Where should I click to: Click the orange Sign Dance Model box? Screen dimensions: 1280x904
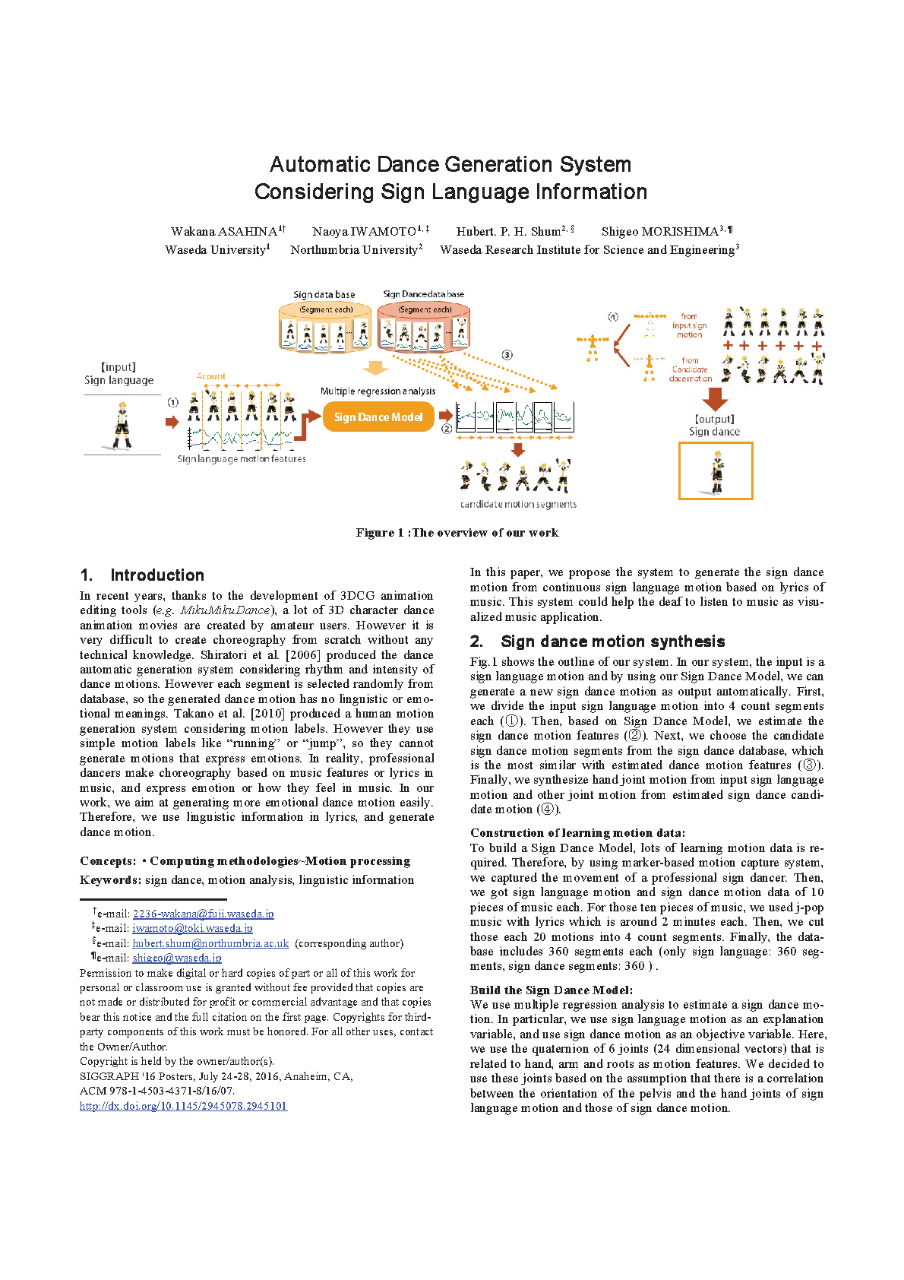point(378,417)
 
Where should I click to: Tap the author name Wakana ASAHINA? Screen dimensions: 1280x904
point(223,231)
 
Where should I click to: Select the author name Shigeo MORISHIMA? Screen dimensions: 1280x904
point(659,231)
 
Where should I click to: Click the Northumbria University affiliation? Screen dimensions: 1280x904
point(354,249)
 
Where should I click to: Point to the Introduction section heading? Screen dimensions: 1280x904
point(156,575)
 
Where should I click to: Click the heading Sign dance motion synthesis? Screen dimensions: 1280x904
point(612,642)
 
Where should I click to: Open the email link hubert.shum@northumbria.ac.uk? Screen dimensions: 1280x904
point(210,943)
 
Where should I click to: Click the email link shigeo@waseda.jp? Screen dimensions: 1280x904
point(177,958)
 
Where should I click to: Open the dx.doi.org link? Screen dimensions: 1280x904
point(183,1106)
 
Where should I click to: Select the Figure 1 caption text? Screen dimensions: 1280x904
point(457,533)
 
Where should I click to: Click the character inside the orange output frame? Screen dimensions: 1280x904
point(716,471)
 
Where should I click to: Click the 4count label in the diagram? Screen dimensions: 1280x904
point(211,376)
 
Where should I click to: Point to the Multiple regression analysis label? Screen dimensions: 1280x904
point(378,391)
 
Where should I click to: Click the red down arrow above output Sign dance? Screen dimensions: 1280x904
point(714,398)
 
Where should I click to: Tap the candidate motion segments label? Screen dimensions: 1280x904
point(518,504)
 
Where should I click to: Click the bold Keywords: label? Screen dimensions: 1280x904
point(110,880)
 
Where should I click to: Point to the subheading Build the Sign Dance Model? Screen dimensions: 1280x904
point(551,990)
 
